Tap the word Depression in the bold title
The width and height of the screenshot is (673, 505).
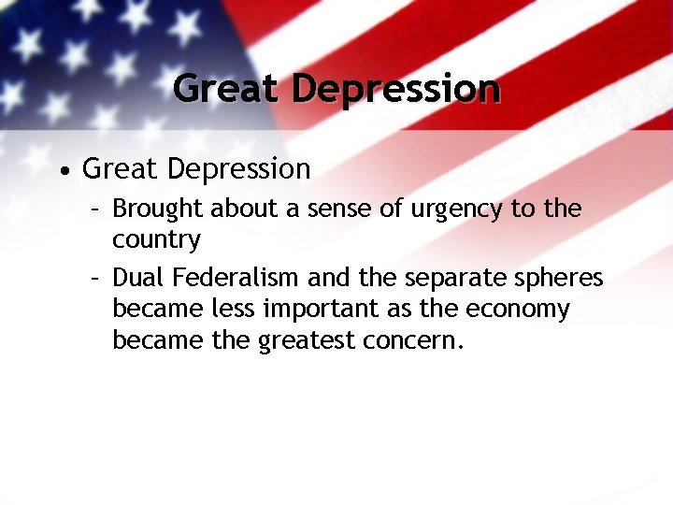pyautogui.click(x=395, y=90)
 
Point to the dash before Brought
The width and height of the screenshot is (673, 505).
pyautogui.click(x=95, y=209)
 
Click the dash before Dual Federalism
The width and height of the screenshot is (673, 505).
pyautogui.click(x=95, y=279)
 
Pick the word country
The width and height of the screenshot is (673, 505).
pyautogui.click(x=156, y=240)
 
